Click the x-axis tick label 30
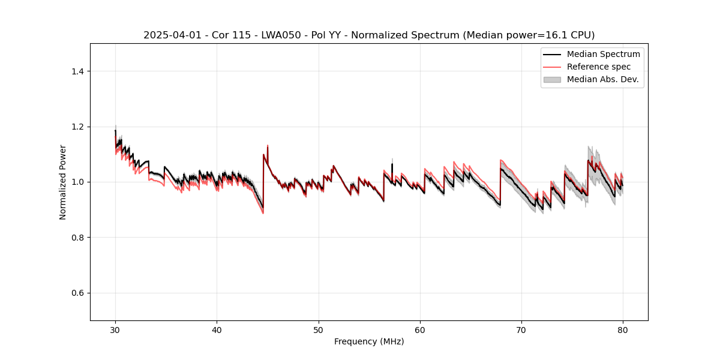[x=115, y=330]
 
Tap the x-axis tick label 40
[x=217, y=330]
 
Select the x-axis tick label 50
[x=319, y=330]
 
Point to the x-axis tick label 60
[x=420, y=330]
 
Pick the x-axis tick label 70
[x=521, y=330]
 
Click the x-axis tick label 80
[x=623, y=330]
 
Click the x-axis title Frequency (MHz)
[x=369, y=341]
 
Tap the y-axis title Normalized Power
[x=63, y=182]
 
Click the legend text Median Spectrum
[x=603, y=54]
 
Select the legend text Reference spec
[x=599, y=67]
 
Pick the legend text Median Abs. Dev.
[x=602, y=79]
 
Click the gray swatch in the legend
[x=552, y=79]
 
